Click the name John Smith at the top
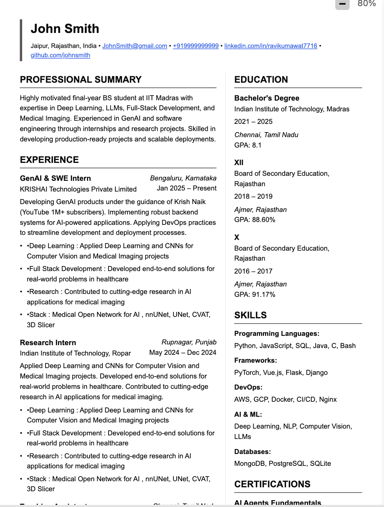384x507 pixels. [x=65, y=29]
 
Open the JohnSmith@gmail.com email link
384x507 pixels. [x=135, y=46]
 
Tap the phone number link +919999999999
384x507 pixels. [x=196, y=46]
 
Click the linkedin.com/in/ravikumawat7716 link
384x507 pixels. [x=270, y=46]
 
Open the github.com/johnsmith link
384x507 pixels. [x=60, y=55]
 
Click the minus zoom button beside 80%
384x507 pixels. [x=342, y=4]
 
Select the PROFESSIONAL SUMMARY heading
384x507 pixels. [x=81, y=79]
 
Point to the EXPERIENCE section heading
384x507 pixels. [x=49, y=160]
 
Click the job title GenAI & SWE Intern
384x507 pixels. [x=55, y=178]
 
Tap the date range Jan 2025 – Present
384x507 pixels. [x=186, y=188]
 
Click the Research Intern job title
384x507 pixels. [x=48, y=343]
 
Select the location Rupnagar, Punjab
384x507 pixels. [x=189, y=342]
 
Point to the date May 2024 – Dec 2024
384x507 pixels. [x=183, y=353]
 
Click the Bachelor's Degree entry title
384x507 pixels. [x=267, y=98]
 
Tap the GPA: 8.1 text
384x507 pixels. [x=248, y=145]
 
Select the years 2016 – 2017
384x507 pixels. [x=253, y=271]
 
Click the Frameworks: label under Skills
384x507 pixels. [x=255, y=361]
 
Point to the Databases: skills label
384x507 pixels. [x=252, y=452]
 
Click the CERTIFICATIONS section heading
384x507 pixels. [x=272, y=484]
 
